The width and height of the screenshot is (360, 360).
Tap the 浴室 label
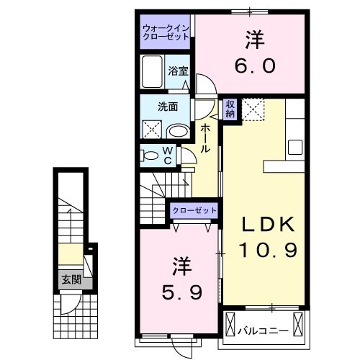[x=178, y=71]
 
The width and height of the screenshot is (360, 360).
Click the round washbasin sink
[x=177, y=130]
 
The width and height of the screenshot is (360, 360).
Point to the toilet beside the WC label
[x=148, y=155]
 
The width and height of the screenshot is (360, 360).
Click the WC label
[x=166, y=156]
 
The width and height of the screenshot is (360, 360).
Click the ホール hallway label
[x=205, y=138]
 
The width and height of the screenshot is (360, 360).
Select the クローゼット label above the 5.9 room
[x=194, y=210]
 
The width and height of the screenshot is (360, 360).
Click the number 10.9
[x=269, y=251]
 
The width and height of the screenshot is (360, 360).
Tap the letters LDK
[x=268, y=225]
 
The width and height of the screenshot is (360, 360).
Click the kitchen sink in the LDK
[x=297, y=146]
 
